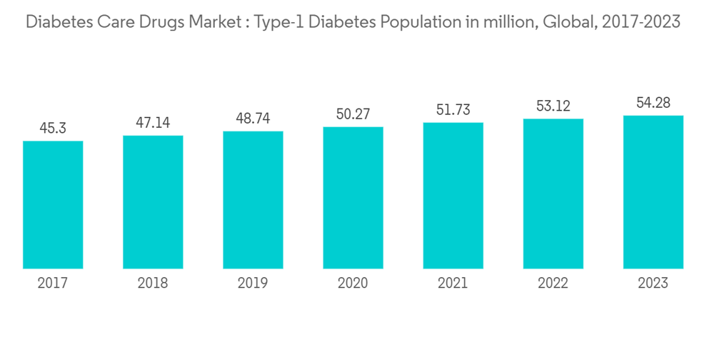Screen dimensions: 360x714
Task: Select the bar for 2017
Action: tap(53, 205)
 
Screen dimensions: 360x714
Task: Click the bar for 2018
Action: tap(153, 202)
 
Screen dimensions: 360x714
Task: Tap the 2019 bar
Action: tap(253, 200)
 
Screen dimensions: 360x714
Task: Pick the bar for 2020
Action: tap(353, 198)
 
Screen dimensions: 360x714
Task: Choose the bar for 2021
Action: tap(453, 196)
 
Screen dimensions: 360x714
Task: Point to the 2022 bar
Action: tap(553, 194)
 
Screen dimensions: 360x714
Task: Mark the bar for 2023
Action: tap(653, 192)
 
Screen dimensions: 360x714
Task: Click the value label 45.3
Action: tap(53, 129)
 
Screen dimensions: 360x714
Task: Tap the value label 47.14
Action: tap(153, 123)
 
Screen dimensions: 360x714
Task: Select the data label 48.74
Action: tap(253, 119)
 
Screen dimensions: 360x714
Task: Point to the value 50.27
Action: tap(353, 114)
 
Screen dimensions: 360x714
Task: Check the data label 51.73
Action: tap(453, 110)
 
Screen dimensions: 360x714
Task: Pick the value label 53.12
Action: tap(553, 106)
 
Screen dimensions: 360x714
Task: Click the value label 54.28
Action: tap(653, 103)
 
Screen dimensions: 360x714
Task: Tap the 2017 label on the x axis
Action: tap(53, 284)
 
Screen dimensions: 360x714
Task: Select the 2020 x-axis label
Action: tap(353, 284)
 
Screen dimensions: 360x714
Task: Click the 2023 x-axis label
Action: tap(653, 284)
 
